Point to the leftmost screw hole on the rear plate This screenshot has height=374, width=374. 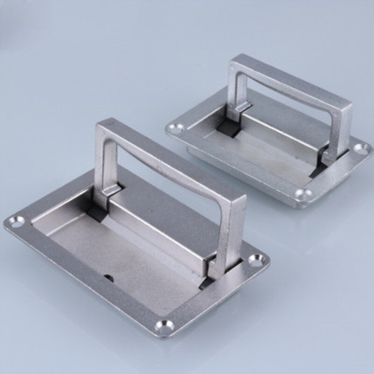coord(174,127)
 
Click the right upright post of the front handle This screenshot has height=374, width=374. coord(229,234)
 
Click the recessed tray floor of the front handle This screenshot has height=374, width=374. coord(117,248)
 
